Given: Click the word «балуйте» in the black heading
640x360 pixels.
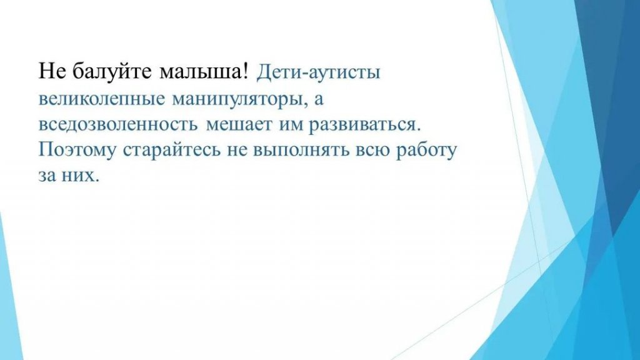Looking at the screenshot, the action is point(112,72).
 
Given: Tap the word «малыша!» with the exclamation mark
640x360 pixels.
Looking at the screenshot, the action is point(204,72).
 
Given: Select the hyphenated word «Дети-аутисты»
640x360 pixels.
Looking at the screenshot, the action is point(318,72).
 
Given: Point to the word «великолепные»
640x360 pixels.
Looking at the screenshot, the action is point(102,99).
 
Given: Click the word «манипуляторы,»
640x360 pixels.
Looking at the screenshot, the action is point(240,99).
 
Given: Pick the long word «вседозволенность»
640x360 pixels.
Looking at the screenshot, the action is point(118,124).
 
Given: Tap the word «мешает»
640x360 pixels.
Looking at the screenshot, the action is point(238,124).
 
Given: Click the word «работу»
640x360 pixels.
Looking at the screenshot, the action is point(426,150).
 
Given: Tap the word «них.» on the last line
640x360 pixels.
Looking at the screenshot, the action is point(81,175).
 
